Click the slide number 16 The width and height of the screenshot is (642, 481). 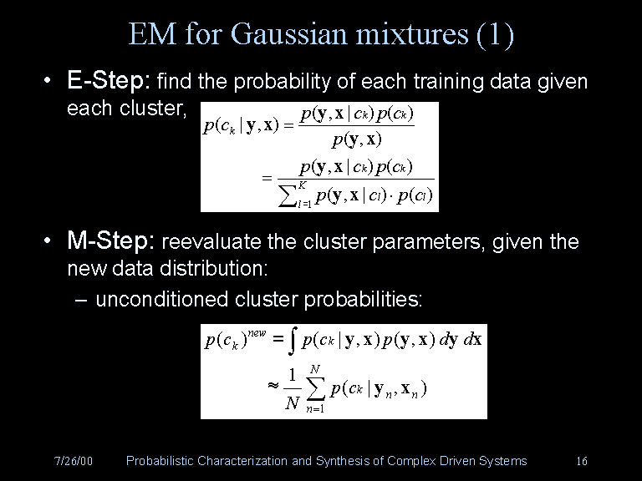pyautogui.click(x=582, y=461)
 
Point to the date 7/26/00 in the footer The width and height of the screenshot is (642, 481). pyautogui.click(x=73, y=461)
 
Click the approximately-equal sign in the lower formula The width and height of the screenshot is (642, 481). pyautogui.click(x=272, y=387)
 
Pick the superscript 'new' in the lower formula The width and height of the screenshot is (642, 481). pyautogui.click(x=257, y=332)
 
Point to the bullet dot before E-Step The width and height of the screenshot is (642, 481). pyautogui.click(x=51, y=82)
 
